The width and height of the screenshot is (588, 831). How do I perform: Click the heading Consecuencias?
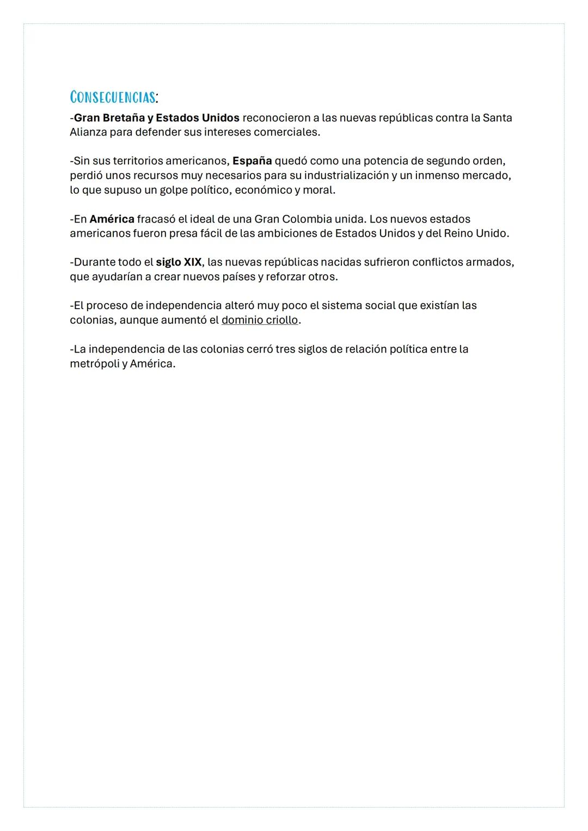pos(113,97)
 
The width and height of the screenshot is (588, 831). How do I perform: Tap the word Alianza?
pos(88,132)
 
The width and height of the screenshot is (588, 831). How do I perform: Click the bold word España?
pos(252,161)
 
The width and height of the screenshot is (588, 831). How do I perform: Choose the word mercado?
pos(486,176)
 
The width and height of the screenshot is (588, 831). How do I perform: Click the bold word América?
pos(112,219)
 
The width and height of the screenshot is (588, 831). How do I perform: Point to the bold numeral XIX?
pos(192,262)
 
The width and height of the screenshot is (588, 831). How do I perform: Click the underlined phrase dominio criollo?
pos(260,320)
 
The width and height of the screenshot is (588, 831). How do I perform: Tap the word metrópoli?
pos(94,364)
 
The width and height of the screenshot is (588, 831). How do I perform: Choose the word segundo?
pos(448,161)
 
